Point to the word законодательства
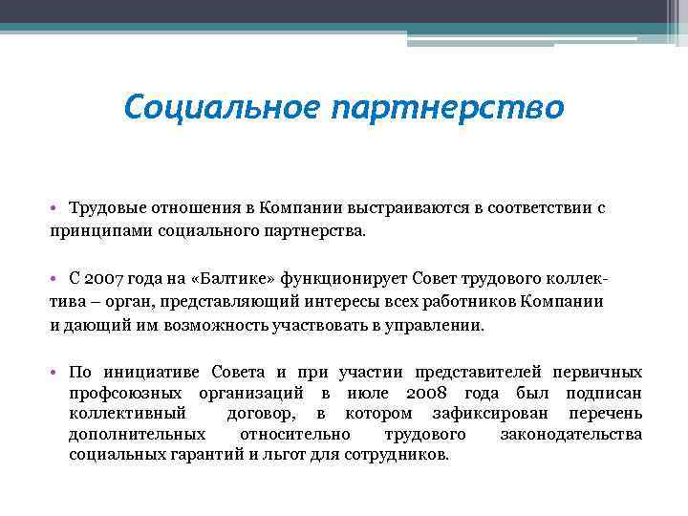click(570, 435)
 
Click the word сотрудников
click(393, 456)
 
